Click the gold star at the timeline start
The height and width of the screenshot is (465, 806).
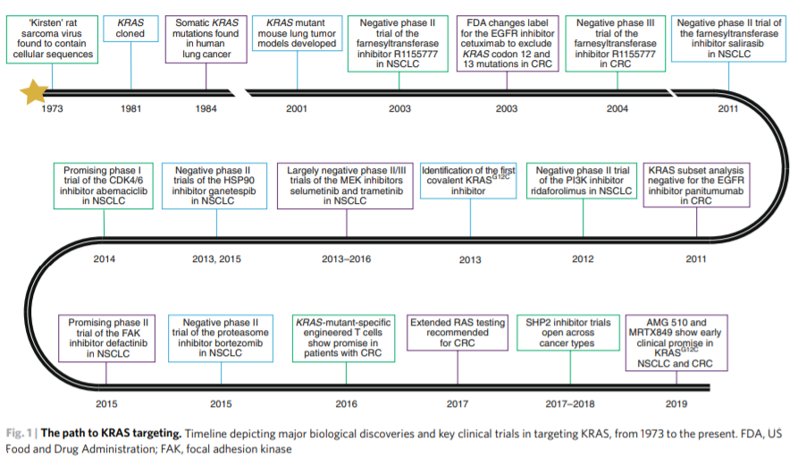tap(34, 92)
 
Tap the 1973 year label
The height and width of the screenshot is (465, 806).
tap(52, 108)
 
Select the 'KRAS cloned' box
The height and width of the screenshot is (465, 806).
tap(130, 29)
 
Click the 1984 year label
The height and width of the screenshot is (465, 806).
tap(206, 108)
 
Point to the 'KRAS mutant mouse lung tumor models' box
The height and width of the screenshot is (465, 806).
tap(297, 33)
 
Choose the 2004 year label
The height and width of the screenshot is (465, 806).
tap(617, 108)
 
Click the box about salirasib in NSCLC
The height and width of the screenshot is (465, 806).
tap(728, 38)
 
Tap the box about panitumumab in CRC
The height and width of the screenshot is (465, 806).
tap(696, 185)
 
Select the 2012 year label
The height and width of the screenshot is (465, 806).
tap(583, 258)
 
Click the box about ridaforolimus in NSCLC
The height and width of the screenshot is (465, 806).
tap(584, 181)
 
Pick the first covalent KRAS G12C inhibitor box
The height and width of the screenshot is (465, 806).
tap(468, 181)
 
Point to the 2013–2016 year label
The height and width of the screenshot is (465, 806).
tap(347, 258)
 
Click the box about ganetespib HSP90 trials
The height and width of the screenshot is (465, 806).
tap(214, 186)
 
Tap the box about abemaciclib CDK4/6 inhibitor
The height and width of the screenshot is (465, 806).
tap(104, 186)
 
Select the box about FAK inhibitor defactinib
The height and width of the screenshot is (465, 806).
tap(107, 338)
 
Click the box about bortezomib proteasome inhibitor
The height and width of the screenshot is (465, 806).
tap(221, 338)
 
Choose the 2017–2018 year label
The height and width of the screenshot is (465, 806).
tap(570, 404)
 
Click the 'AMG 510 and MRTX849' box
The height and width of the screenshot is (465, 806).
tap(676, 342)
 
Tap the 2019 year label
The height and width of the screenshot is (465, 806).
tap(676, 404)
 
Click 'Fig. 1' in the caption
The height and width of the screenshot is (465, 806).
tap(19, 433)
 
